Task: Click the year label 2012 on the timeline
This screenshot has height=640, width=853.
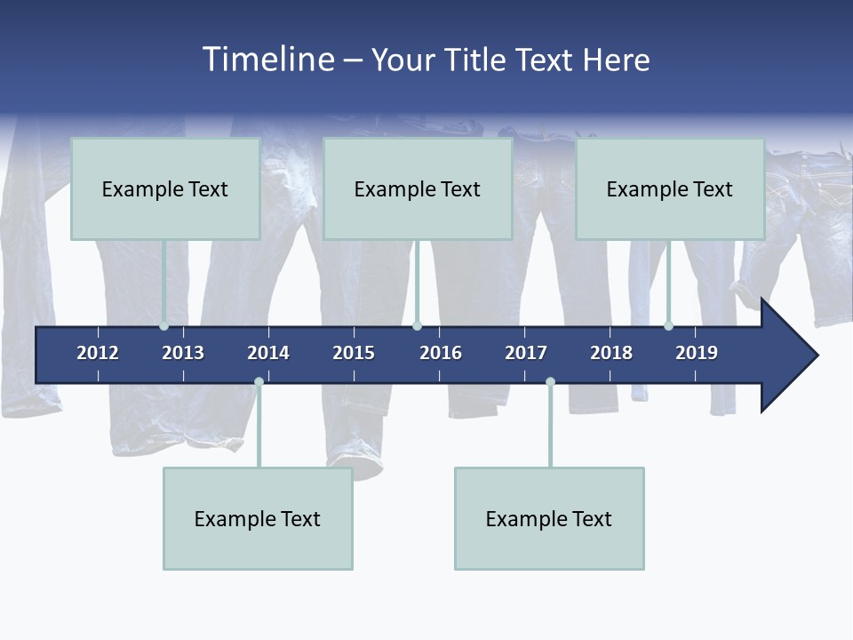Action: point(98,353)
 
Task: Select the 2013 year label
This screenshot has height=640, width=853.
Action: point(183,353)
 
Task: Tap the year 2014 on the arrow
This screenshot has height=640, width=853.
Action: point(268,353)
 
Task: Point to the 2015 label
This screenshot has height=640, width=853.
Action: point(354,353)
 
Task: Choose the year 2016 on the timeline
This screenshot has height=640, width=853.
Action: point(441,353)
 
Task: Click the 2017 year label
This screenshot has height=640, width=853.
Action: point(526,353)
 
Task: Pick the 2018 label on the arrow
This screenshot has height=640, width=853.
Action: point(611,353)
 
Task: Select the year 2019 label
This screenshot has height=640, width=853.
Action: point(697,353)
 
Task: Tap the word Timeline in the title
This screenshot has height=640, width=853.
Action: point(267,60)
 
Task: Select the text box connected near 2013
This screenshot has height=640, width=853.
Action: point(165,188)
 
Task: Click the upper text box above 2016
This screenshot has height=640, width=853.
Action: point(418,188)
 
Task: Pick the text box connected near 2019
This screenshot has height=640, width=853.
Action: point(670,188)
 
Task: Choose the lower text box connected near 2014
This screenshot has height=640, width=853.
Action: point(258,518)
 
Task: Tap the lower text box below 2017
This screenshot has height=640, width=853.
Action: point(549,518)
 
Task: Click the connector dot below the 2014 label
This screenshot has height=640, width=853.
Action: point(259,382)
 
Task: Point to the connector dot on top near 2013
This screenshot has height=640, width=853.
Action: point(163,326)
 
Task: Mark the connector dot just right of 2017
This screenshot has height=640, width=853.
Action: point(550,382)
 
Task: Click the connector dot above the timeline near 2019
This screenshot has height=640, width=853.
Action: point(668,326)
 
